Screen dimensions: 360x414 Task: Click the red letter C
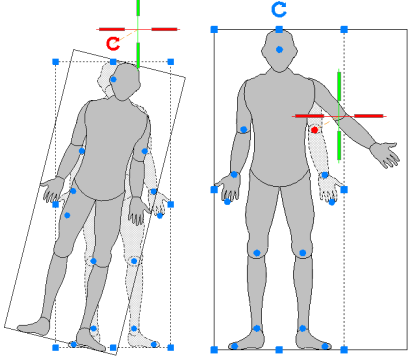click(x=114, y=43)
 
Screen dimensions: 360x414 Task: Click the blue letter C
click(x=280, y=11)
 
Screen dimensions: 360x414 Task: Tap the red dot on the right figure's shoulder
click(x=314, y=130)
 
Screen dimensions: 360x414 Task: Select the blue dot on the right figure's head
click(x=280, y=49)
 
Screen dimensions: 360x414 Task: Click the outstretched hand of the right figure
click(x=386, y=154)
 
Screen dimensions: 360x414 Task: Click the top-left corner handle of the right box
click(x=215, y=30)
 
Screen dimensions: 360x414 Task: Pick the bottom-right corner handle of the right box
click(x=343, y=349)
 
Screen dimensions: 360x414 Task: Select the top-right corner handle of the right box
click(x=343, y=30)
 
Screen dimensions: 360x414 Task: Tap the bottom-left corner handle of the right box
click(x=215, y=349)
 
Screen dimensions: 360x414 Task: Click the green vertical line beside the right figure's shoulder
click(x=340, y=115)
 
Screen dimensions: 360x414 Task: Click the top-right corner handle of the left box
click(x=171, y=61)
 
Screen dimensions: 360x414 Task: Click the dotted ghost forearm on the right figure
click(x=321, y=155)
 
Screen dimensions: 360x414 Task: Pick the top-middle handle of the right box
click(x=279, y=30)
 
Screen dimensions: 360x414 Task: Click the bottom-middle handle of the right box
click(x=279, y=349)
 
